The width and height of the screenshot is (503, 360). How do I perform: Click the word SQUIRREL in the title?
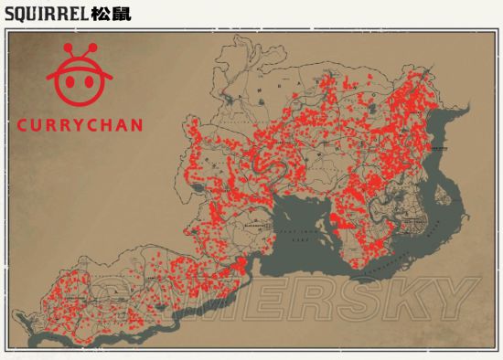[x=46, y=15]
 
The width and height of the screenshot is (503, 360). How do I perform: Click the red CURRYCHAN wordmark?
[x=80, y=125]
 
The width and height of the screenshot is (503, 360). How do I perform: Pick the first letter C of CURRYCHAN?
[x=24, y=125]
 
